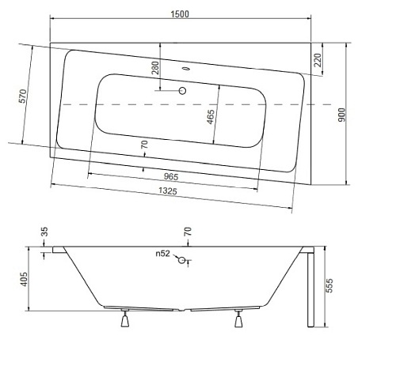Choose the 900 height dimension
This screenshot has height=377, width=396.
(x=363, y=115)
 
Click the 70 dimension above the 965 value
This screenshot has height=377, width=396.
(x=143, y=145)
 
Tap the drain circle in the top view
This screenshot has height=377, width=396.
(x=184, y=91)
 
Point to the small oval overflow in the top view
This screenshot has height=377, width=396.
(x=187, y=69)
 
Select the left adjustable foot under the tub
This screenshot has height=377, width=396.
(x=124, y=319)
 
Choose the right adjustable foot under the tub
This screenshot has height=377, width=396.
(x=238, y=319)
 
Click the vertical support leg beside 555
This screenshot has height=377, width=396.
(x=310, y=288)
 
